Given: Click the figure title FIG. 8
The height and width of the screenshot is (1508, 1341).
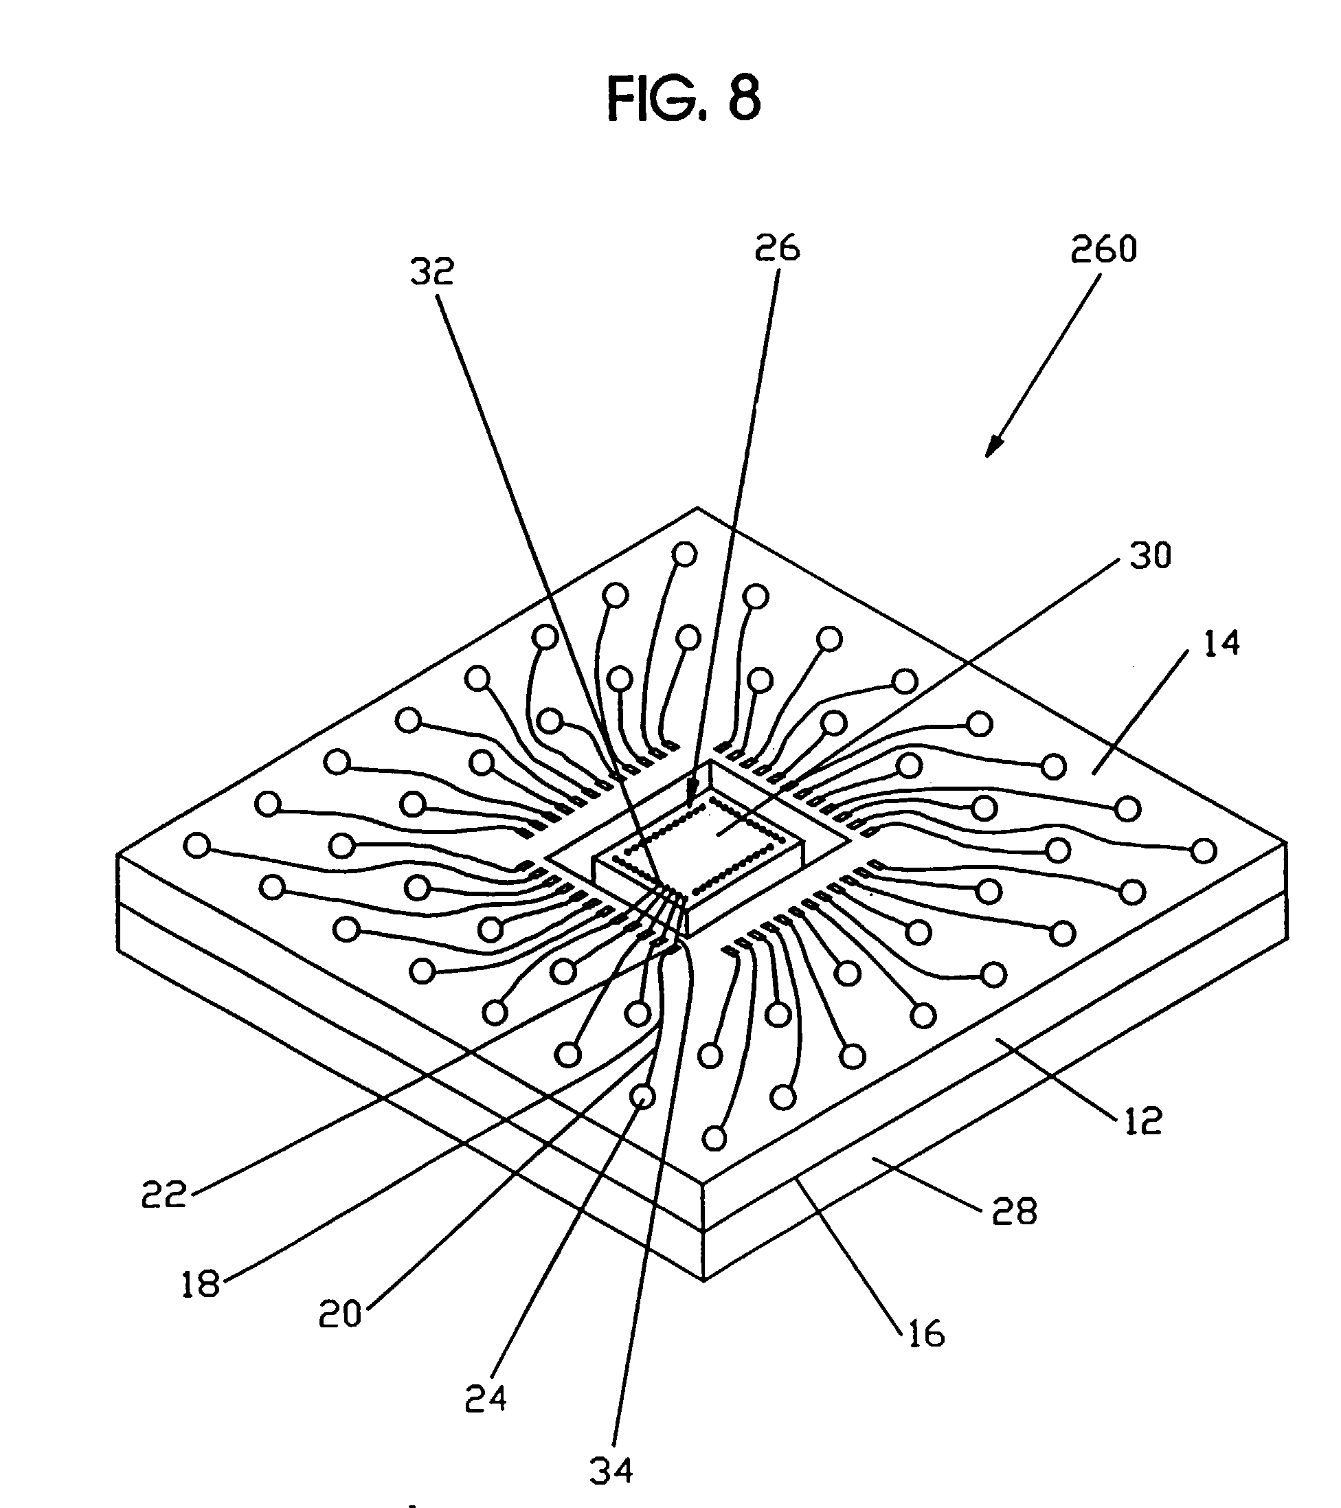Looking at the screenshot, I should [x=683, y=99].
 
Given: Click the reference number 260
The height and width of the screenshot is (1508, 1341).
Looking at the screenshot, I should [x=1103, y=249].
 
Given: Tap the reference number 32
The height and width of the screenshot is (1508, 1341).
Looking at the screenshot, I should [x=432, y=271].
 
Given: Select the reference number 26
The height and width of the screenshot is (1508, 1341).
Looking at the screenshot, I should [x=777, y=248].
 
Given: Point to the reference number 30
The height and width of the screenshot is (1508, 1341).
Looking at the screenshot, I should [x=1150, y=556].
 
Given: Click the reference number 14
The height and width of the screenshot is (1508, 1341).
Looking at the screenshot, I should [x=1221, y=643].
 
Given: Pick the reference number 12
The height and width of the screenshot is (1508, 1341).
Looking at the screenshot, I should [x=1142, y=1121].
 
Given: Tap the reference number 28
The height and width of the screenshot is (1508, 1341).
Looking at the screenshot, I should [x=1014, y=1211].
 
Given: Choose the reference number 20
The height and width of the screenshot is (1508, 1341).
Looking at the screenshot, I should [x=340, y=1314].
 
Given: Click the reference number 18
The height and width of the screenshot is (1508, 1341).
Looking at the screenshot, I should [x=201, y=1285].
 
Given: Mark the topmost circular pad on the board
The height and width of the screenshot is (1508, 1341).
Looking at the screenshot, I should [x=684, y=554].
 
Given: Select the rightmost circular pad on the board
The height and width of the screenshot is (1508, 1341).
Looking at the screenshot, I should [x=1204, y=851].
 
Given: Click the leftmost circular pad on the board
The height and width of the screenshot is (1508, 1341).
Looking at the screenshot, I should [x=196, y=845].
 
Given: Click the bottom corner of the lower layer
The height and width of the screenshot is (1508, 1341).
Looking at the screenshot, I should [x=704, y=1279].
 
